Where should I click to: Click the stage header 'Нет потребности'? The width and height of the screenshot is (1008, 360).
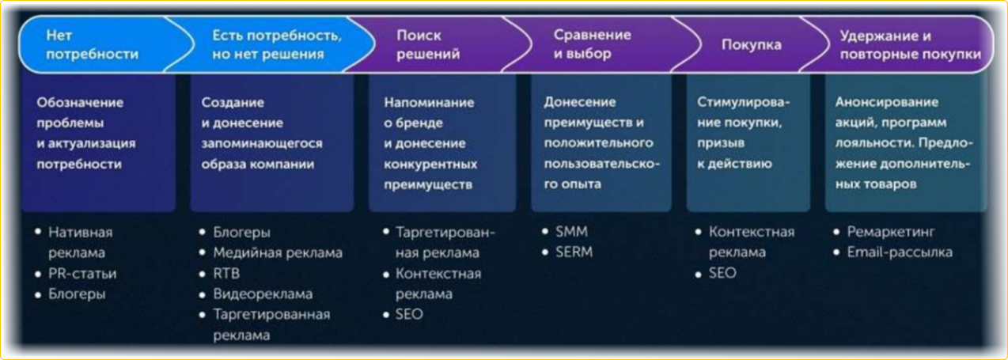[x=93, y=44]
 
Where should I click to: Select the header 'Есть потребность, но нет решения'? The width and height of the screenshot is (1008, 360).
[x=277, y=44]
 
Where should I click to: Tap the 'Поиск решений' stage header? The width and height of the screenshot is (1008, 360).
[x=428, y=44]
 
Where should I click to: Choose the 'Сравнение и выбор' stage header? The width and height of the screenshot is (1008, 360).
[x=592, y=44]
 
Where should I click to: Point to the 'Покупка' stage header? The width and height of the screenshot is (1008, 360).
[x=751, y=44]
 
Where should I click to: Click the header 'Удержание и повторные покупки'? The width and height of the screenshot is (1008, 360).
[x=911, y=44]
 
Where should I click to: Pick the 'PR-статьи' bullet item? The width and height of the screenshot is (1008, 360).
[x=82, y=273]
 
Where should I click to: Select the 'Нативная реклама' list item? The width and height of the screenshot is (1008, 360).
[x=80, y=242]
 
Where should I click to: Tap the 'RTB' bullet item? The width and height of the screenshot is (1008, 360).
[x=226, y=273]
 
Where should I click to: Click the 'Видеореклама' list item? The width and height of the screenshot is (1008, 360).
[x=263, y=294]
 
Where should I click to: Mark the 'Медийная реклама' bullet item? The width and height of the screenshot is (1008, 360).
[x=278, y=252]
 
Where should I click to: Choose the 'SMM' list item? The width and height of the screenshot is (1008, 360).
[x=571, y=231]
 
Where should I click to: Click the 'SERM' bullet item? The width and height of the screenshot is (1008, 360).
[x=574, y=252]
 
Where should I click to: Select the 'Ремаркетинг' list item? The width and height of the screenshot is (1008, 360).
[x=891, y=232]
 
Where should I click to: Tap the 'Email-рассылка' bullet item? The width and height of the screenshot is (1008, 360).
[x=900, y=252]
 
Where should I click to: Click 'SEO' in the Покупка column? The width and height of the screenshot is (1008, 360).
[x=722, y=273]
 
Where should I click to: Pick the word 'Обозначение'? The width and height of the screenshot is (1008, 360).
[x=80, y=103]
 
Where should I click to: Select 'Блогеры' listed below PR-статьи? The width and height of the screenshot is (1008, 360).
[x=77, y=294]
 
